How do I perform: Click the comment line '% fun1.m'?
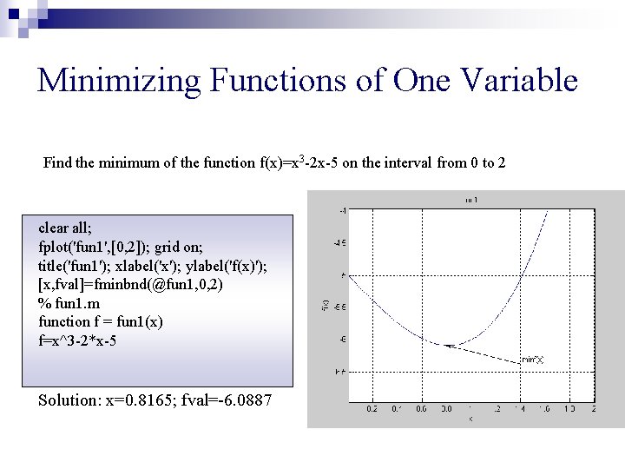[x=69, y=303]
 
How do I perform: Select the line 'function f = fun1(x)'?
[x=101, y=322]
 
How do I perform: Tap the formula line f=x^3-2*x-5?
[x=78, y=341]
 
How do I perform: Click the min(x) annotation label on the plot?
[x=532, y=359]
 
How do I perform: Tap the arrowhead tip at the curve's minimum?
[x=447, y=346]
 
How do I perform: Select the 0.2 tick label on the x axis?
[x=372, y=407]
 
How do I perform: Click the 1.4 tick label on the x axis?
[x=520, y=407]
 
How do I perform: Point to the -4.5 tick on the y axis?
[x=342, y=242]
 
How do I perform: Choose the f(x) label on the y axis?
[x=325, y=305]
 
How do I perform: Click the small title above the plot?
[x=471, y=200]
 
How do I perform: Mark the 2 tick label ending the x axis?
[x=594, y=407]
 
